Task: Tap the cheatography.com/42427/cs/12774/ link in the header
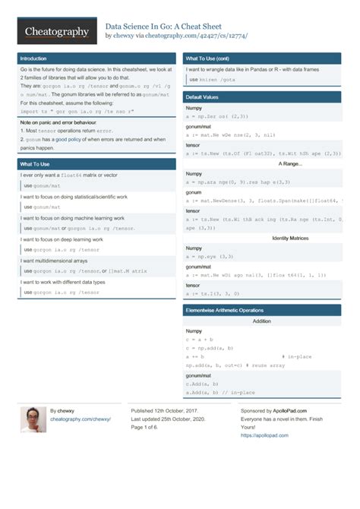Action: point(195,36)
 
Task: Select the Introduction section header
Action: point(33,58)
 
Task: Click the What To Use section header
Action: point(36,164)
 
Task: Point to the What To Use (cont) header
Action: point(207,58)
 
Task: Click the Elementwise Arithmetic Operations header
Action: point(235,310)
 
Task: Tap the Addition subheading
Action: point(261,321)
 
